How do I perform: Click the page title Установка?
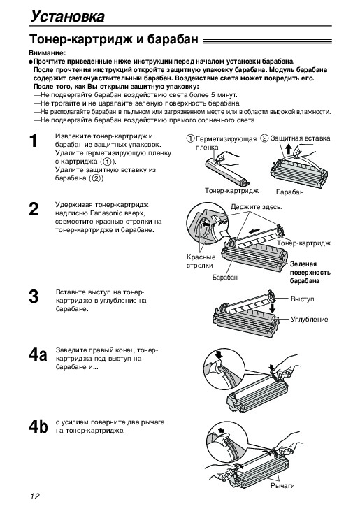coord(68,16)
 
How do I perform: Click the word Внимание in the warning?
coord(46,53)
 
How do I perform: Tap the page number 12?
coord(35,496)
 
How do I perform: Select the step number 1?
coord(34,141)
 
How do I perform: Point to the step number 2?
coord(34,209)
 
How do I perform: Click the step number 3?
coord(34,296)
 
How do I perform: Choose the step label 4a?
coord(38,354)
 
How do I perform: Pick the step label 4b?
coord(38,426)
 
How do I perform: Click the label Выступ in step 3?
coord(303,299)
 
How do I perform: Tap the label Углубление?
coord(310,320)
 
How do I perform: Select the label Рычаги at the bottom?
coord(282,486)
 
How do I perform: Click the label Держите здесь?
coord(257,207)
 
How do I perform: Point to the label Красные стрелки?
coord(201,261)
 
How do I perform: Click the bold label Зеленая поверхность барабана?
coord(310,273)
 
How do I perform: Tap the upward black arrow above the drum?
coord(289,150)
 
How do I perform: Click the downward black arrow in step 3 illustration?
coord(273,308)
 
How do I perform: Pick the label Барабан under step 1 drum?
coord(290,192)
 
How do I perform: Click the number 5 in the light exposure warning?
coord(214,95)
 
